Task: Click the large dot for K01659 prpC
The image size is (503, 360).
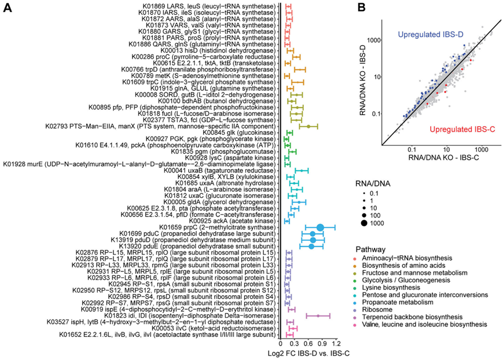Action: click(320, 227)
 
